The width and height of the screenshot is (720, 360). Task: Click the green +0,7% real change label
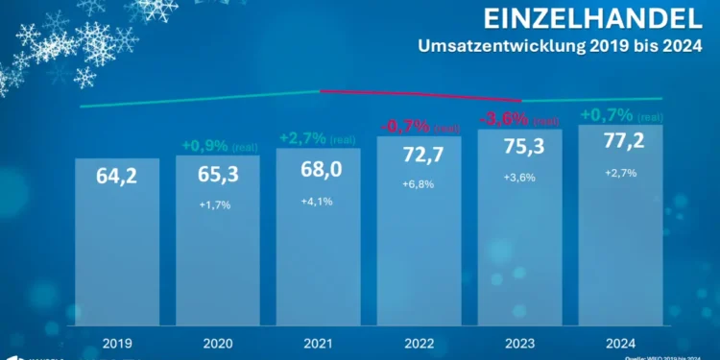[606, 115]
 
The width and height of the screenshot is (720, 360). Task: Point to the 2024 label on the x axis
[622, 342]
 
